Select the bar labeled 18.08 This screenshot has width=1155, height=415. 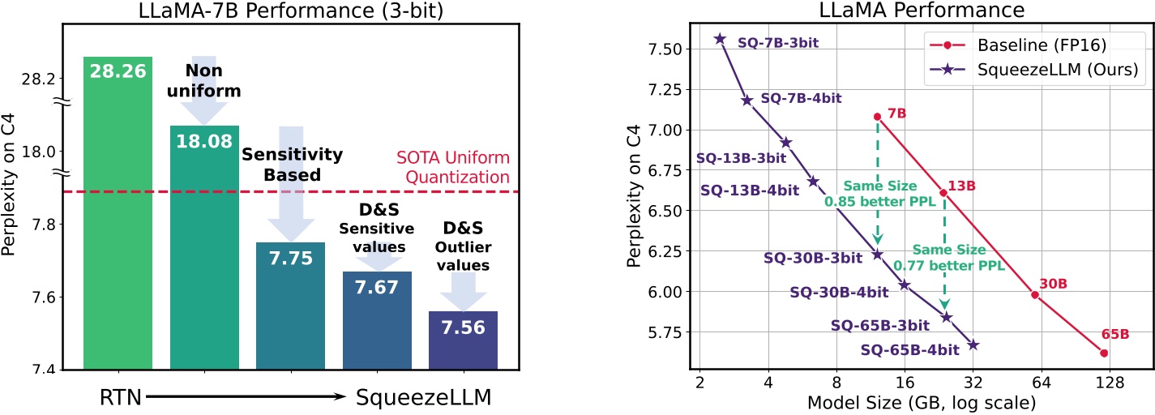(204, 243)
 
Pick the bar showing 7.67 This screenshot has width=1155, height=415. (377, 320)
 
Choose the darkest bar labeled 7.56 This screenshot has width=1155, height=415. (463, 340)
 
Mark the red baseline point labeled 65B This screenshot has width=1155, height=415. (1104, 353)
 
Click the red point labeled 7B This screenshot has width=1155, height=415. (877, 117)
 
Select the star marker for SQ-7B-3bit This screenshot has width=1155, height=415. (719, 39)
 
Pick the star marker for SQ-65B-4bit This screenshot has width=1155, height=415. (973, 345)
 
